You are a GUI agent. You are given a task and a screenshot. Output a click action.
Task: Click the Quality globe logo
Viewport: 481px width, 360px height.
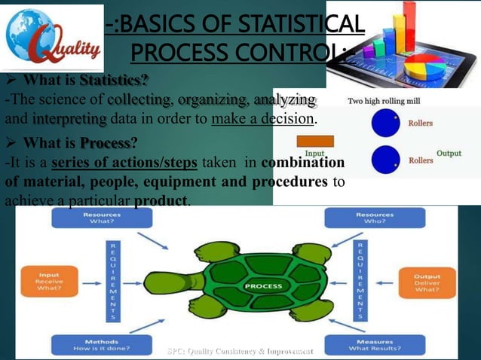pos(54,37)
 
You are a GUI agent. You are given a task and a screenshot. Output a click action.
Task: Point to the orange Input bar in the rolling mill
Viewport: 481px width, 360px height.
pos(315,140)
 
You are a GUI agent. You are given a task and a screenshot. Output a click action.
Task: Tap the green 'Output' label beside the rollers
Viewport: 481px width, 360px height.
pos(449,154)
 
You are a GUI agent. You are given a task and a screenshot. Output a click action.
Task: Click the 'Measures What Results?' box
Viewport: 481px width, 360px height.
pos(373,344)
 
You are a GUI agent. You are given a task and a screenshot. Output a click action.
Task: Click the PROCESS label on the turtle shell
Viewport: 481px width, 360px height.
pos(263,286)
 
